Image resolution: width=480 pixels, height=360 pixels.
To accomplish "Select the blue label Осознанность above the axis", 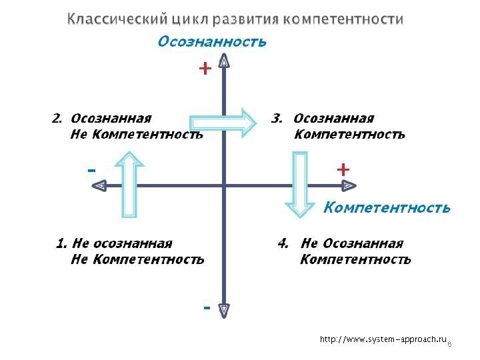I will [x=211, y=42].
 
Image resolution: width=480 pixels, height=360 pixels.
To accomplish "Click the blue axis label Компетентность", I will [x=387, y=208].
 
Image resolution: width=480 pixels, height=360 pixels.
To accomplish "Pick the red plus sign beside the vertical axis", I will [x=205, y=68].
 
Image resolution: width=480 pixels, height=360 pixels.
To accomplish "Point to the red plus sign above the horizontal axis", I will [x=343, y=169].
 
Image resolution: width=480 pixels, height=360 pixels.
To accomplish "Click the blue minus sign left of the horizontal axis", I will [x=92, y=171].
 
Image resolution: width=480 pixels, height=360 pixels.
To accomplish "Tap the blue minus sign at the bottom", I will [x=206, y=309].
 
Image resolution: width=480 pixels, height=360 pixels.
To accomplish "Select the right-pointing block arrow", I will [x=224, y=123].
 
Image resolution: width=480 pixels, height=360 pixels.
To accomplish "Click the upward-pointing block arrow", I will [x=131, y=184].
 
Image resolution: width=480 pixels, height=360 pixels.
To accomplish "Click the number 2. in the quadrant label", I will [x=57, y=119].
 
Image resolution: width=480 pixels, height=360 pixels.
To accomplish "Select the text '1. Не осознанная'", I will [x=114, y=243].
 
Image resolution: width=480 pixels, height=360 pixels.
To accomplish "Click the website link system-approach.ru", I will [x=383, y=339].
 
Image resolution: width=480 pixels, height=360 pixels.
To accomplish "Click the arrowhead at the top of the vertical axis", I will [x=225, y=63].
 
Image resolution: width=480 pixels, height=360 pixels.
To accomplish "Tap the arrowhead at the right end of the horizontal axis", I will [x=348, y=185].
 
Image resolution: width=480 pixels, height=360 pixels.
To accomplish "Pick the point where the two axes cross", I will [x=225, y=185].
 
